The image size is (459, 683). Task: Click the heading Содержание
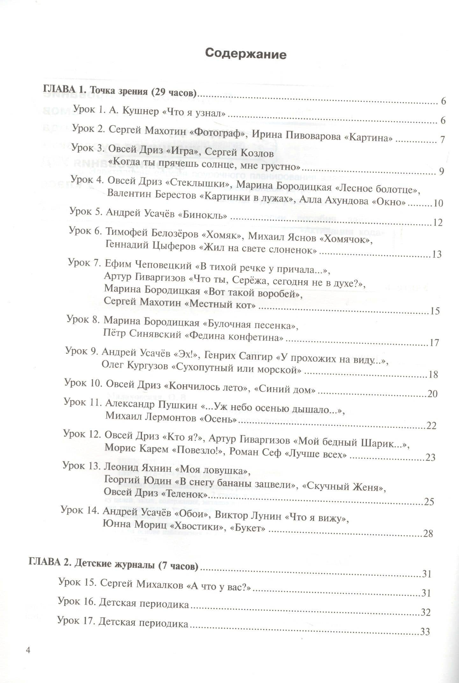pos(246,54)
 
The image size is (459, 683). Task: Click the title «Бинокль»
pos(202,215)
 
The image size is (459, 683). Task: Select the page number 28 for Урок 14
pos(427,533)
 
